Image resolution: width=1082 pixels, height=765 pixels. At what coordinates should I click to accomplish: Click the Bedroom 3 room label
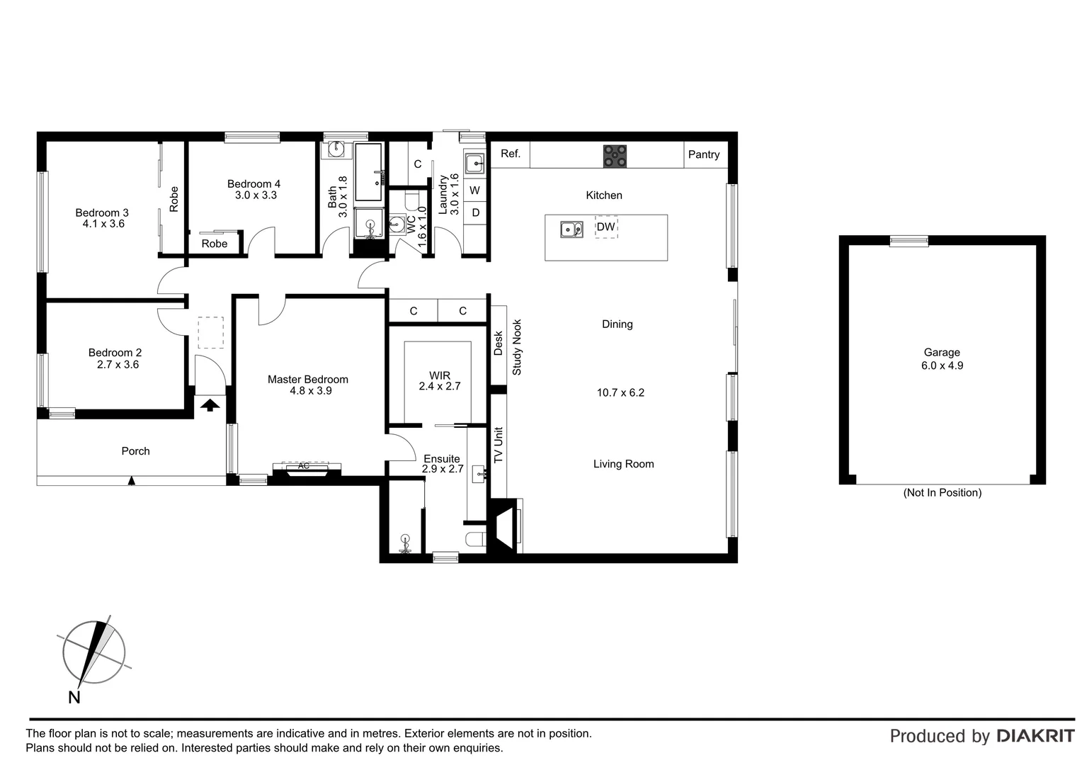tap(102, 212)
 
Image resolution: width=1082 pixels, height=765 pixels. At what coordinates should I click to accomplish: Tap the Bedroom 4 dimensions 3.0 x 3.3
tap(256, 195)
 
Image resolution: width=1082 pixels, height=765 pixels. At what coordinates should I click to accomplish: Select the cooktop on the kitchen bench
tap(615, 156)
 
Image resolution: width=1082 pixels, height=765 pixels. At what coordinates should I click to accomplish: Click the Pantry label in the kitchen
tap(704, 154)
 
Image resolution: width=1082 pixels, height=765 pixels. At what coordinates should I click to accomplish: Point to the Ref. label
tap(511, 154)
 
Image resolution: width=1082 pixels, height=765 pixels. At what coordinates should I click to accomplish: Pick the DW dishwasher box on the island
tap(606, 227)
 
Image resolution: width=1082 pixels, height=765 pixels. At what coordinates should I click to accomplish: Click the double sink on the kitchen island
tap(572, 229)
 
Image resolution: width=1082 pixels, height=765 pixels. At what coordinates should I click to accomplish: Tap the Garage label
tap(942, 353)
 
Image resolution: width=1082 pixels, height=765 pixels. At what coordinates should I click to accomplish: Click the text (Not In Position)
tap(943, 492)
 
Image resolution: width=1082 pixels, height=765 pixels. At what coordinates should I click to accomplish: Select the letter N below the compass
tap(74, 697)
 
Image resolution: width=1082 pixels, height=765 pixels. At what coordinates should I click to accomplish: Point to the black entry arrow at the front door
tap(210, 405)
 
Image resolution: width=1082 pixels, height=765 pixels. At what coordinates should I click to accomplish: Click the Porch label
tap(136, 451)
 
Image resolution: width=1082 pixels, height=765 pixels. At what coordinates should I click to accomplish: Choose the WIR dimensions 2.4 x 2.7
tap(440, 386)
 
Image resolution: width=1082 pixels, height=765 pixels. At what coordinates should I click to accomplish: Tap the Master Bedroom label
tap(308, 380)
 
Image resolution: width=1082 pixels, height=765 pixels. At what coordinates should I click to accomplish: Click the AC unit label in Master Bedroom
tap(303, 466)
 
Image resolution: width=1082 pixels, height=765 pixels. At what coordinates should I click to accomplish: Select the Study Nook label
tap(517, 347)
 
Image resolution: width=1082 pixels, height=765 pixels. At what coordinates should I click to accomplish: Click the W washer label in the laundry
tap(475, 191)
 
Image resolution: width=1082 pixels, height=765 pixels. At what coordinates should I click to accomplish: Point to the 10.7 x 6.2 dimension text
tap(621, 392)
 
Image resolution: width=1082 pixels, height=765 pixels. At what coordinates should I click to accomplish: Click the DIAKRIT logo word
tap(1036, 736)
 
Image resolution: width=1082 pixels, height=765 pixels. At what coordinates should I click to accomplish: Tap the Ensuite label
tap(441, 458)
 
